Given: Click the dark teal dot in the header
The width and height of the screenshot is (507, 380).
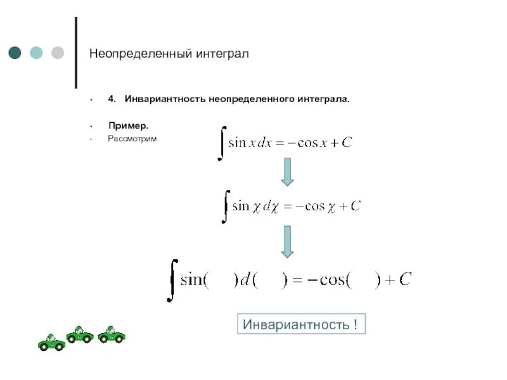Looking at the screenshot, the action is pos(15,53).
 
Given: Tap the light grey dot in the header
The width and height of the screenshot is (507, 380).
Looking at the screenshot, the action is pos(57,53).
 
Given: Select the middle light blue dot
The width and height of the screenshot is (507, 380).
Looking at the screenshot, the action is pos(36,53).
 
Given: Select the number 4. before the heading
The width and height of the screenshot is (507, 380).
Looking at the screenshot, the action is pos(112,99).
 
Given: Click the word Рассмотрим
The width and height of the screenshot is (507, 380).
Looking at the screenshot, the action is pos(131,138).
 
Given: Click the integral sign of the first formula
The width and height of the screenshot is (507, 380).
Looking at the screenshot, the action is pos(221,143).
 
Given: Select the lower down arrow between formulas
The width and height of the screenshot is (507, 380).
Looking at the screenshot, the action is pos(287,241).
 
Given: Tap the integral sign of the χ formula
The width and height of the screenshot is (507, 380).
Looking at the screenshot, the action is pos(224,206).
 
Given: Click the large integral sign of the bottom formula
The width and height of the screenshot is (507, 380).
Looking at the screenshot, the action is pos(171,279).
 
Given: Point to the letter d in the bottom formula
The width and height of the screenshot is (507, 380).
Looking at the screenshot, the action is pos(244,279).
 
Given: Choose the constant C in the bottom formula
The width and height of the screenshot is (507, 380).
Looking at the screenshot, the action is pos(405,279).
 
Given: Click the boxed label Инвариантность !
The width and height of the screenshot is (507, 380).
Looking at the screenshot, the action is pos(301,325).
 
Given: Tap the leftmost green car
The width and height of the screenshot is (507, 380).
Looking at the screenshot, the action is pos(51,343).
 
